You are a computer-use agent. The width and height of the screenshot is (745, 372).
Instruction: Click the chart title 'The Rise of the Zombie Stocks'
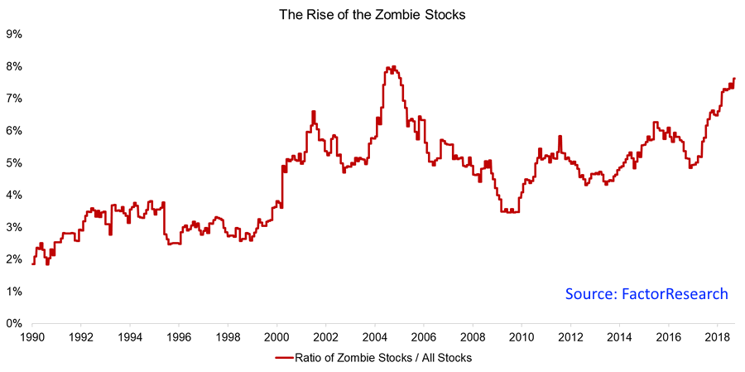click(372, 13)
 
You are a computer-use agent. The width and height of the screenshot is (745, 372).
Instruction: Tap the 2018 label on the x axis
click(717, 338)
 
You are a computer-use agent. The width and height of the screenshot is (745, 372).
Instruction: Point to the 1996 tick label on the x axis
click(179, 338)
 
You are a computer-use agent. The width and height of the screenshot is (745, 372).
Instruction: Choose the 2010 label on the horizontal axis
click(521, 338)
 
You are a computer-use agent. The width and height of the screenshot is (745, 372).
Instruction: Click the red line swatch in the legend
click(286, 358)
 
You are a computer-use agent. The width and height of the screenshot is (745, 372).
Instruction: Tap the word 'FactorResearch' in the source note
click(675, 294)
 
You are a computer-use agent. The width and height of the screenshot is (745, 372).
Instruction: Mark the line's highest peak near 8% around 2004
click(393, 67)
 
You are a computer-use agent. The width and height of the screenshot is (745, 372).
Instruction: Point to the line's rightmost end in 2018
click(734, 79)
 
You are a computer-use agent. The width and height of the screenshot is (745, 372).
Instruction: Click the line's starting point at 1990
click(32, 263)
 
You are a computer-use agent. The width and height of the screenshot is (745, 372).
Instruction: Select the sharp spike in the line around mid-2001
click(314, 112)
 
